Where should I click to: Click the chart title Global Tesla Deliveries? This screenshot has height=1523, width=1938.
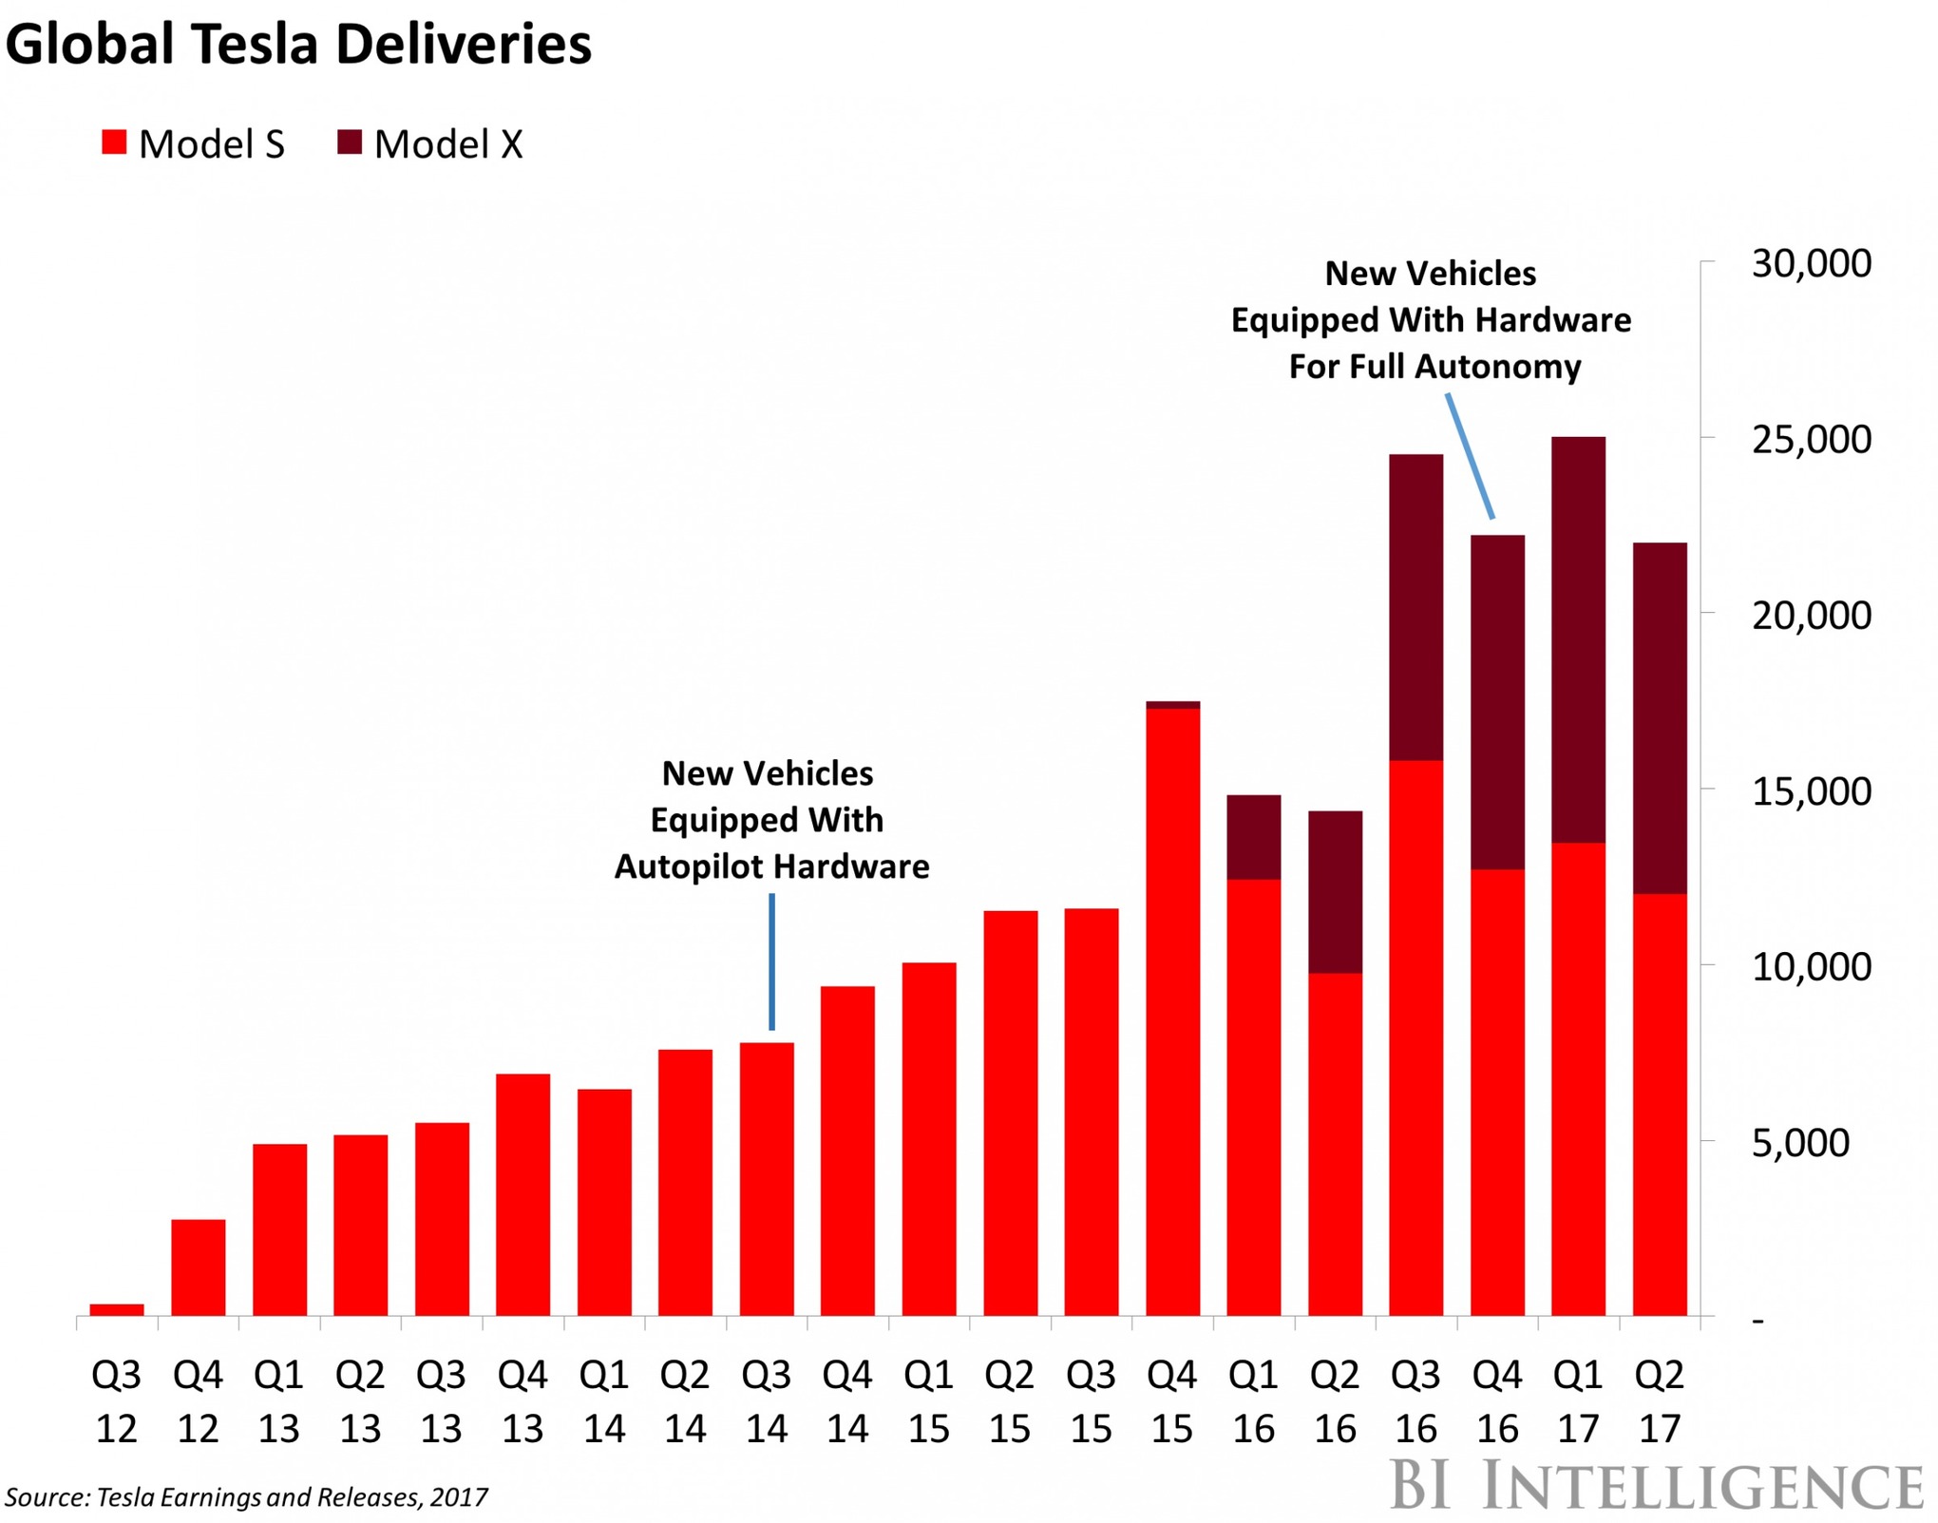[298, 45]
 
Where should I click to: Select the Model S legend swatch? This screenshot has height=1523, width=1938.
[114, 143]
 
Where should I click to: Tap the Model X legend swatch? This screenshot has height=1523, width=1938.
[350, 143]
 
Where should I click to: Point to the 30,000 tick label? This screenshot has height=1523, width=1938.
[1811, 264]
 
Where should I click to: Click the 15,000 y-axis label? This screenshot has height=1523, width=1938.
[1811, 791]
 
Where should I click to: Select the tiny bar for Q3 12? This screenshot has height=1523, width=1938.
[117, 1309]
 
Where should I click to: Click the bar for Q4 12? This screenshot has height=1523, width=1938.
[199, 1266]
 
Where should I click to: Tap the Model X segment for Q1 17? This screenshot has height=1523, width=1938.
[1578, 639]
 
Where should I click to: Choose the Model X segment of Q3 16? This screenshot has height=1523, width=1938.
[1415, 607]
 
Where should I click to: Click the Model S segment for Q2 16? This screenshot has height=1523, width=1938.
[1335, 1144]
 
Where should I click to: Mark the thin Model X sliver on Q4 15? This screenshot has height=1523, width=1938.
[1172, 705]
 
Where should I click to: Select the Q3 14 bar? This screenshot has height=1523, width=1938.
[767, 1178]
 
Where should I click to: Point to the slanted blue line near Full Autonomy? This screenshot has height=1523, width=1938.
[1471, 457]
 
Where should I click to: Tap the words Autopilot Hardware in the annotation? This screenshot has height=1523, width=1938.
[771, 866]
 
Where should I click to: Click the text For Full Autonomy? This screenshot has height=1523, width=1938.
[1434, 367]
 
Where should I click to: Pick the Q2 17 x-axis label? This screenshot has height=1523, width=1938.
[1660, 1400]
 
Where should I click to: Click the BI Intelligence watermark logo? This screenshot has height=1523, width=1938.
[1657, 1485]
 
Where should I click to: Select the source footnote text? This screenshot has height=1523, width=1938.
[246, 1497]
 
